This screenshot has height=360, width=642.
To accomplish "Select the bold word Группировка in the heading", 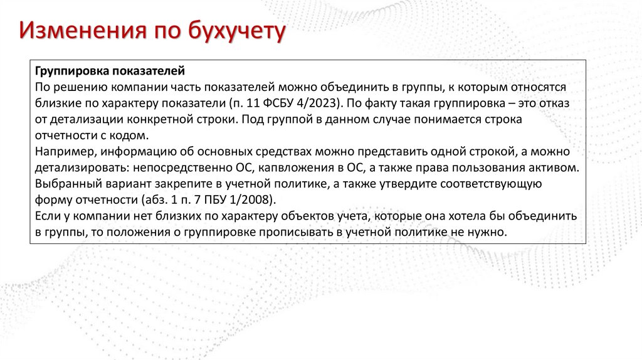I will [68, 71].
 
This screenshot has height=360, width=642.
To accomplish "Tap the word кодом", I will [131, 135].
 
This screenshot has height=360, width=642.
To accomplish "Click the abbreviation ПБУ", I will [224, 200].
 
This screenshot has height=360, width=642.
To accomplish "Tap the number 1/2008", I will [253, 200].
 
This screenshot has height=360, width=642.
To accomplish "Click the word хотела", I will [477, 216].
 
